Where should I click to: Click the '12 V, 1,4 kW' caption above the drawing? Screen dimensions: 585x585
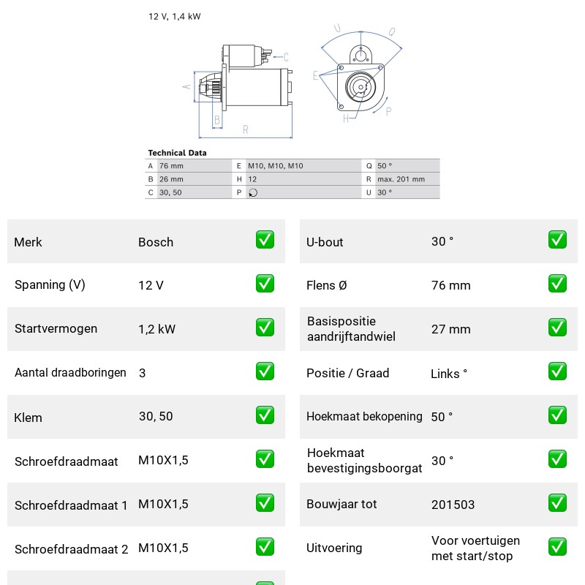(x=174, y=16)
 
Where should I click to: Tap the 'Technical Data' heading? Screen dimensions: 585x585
(x=177, y=153)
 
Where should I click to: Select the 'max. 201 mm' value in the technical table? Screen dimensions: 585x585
(x=401, y=179)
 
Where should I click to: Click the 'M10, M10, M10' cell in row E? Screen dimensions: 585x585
(x=276, y=166)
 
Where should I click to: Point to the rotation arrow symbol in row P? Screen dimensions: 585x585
(x=253, y=192)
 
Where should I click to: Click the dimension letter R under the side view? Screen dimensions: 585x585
(x=246, y=129)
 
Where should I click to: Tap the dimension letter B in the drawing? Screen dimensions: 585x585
(x=217, y=120)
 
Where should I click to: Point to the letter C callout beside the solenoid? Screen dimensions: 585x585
(x=286, y=57)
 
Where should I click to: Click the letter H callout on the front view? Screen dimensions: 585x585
(x=346, y=118)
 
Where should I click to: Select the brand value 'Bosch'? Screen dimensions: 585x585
(x=156, y=242)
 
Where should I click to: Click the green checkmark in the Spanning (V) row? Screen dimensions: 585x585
(x=265, y=284)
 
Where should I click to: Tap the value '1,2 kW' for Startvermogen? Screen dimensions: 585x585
(x=156, y=329)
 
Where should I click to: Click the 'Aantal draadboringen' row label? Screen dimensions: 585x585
(x=70, y=373)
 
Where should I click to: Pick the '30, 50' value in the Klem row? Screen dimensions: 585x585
(x=156, y=416)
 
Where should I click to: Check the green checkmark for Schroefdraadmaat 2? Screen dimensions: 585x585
(x=265, y=546)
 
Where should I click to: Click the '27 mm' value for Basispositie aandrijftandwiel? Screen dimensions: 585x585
(x=450, y=330)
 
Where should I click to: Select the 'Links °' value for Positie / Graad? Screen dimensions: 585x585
(x=449, y=374)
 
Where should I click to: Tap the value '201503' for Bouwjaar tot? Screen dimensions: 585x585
(x=453, y=505)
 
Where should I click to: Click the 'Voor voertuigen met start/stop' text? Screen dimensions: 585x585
(x=475, y=548)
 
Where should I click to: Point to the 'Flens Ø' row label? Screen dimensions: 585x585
(x=326, y=285)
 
